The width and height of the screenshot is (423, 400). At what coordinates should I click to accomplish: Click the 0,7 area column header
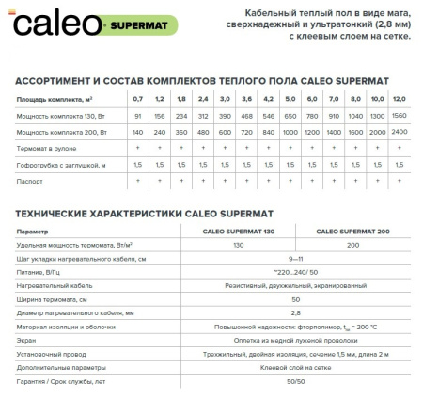[137, 98]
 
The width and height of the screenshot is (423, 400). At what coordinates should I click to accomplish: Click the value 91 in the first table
[137, 115]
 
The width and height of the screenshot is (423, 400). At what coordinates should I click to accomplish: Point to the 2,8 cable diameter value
[297, 311]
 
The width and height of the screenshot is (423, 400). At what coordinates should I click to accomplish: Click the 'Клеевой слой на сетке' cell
[297, 363]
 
